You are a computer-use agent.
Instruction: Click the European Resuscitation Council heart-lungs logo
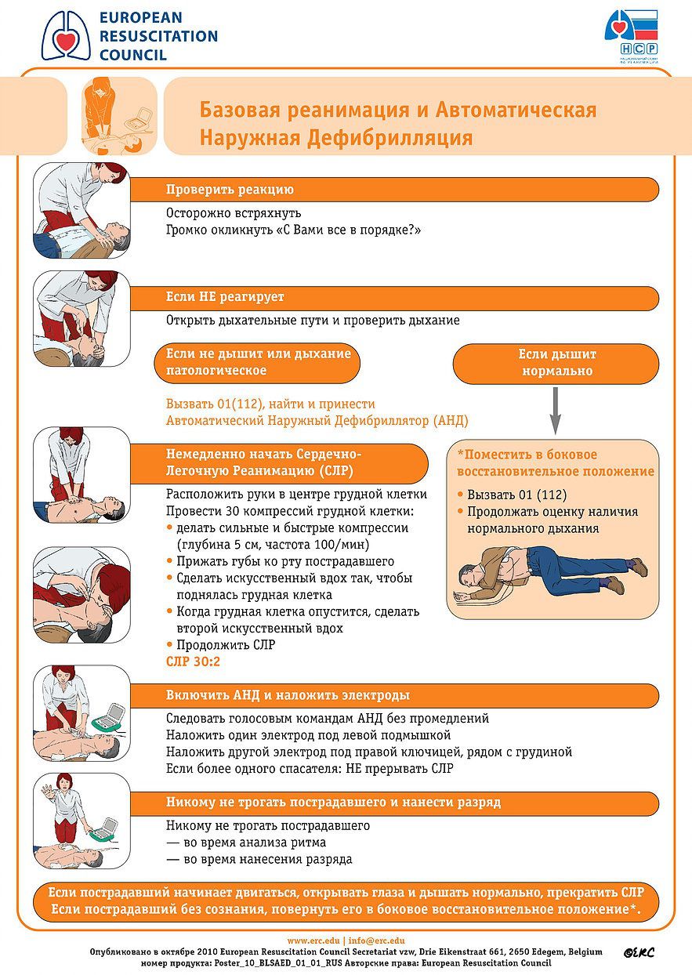pyautogui.click(x=67, y=36)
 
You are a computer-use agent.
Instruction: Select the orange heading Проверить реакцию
pyautogui.click(x=230, y=189)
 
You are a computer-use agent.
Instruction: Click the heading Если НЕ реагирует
pyautogui.click(x=225, y=298)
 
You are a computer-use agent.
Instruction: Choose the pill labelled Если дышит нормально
pyautogui.click(x=556, y=363)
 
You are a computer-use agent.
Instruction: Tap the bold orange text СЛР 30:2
pyautogui.click(x=193, y=662)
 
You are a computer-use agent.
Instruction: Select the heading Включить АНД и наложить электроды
pyautogui.click(x=288, y=695)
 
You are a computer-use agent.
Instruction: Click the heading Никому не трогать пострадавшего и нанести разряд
pyautogui.click(x=333, y=803)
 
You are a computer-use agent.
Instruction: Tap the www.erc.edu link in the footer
pyautogui.click(x=313, y=941)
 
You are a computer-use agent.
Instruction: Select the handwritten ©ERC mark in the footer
pyautogui.click(x=639, y=952)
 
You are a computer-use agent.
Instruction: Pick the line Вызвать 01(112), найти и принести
pyautogui.click(x=270, y=404)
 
